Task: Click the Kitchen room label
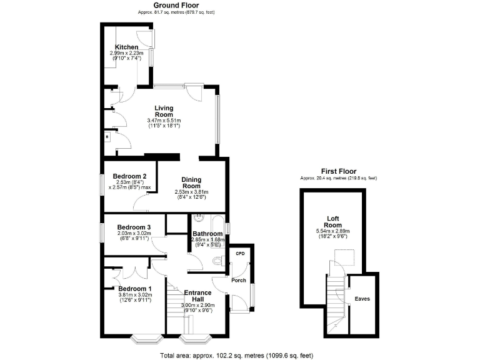tap(126, 47)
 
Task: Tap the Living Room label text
tap(164, 111)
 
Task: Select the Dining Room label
tap(191, 182)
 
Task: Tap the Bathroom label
tap(207, 233)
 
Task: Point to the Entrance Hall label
tap(197, 295)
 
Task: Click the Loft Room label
tap(334, 221)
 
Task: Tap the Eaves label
tap(362, 299)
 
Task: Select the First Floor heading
tap(338, 171)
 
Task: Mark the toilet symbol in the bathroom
tap(217, 261)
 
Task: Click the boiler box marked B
tap(107, 136)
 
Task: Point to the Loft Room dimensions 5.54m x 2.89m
tap(334, 231)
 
